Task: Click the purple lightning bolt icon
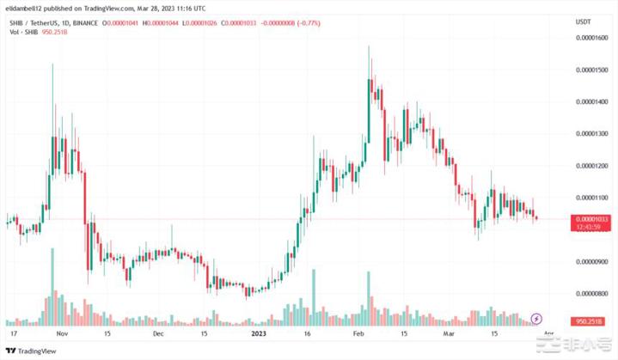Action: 537,319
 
